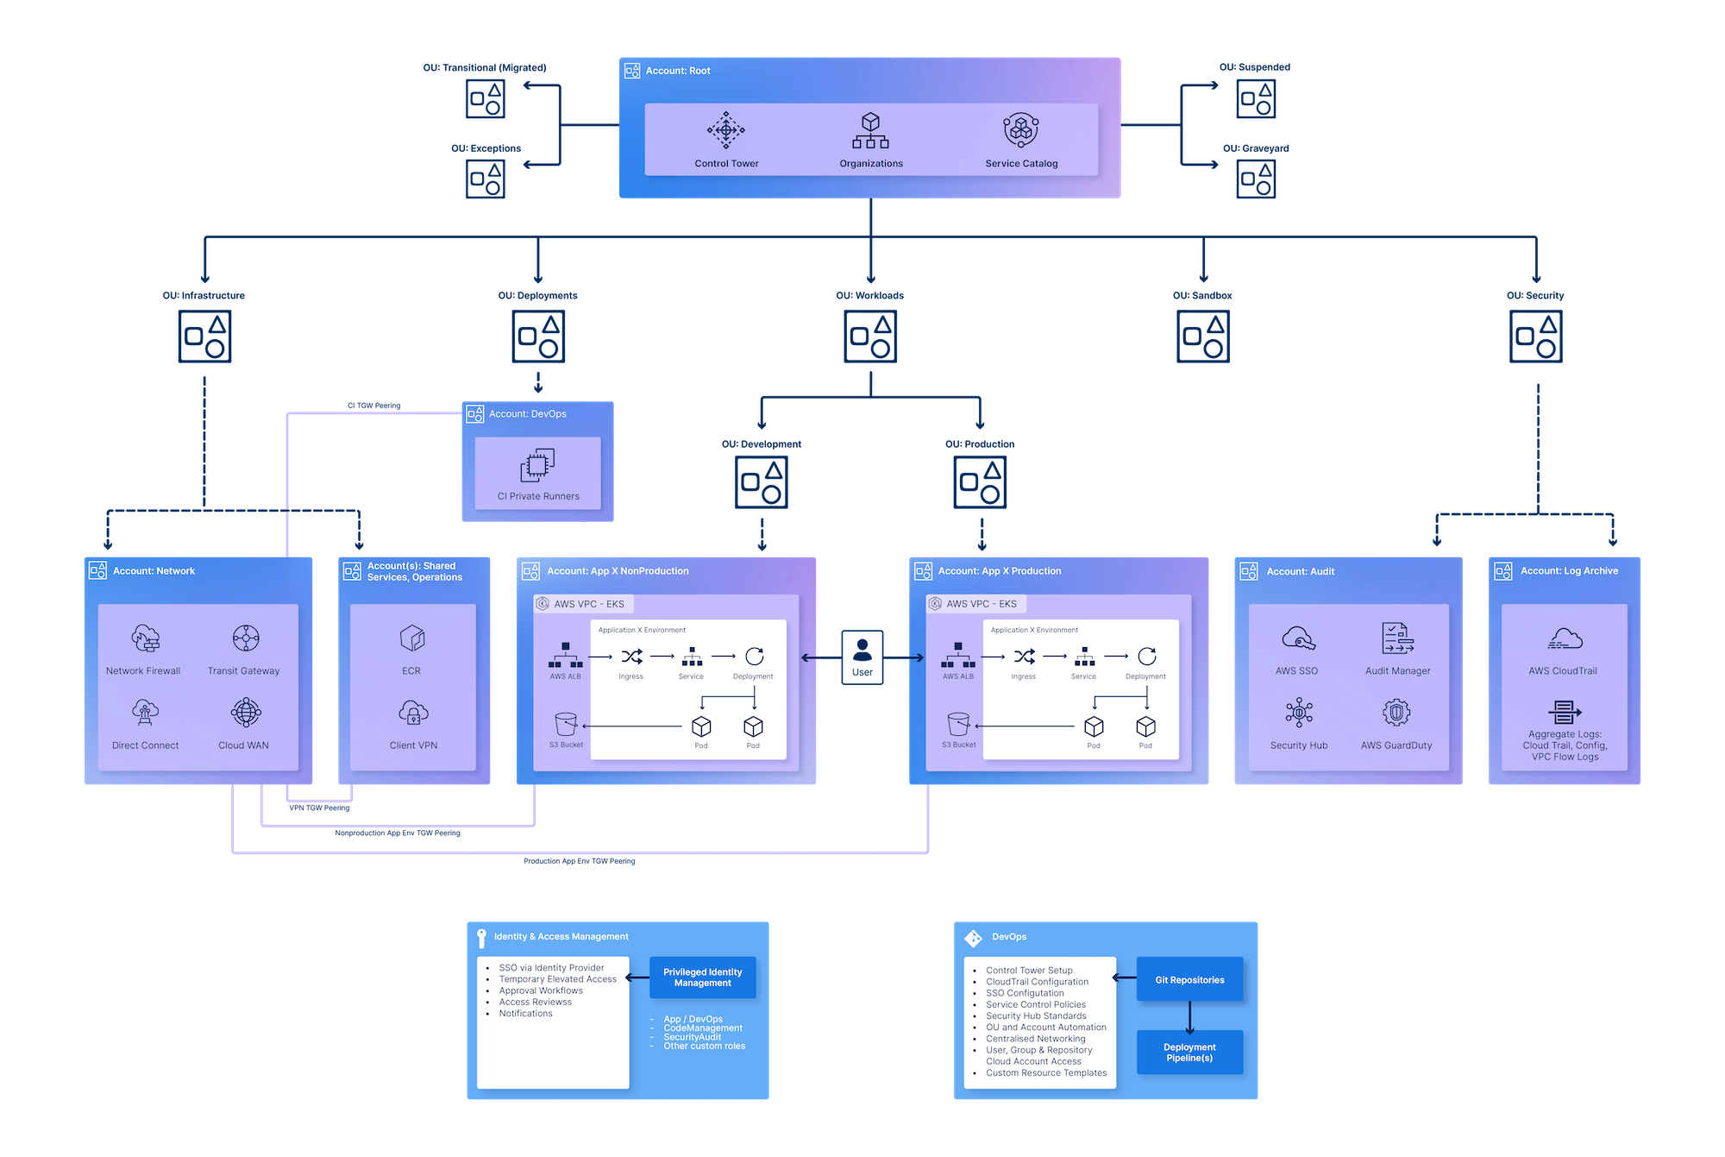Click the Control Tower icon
(x=725, y=131)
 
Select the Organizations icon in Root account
(x=870, y=131)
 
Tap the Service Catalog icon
(x=1021, y=130)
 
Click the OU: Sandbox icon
(x=1203, y=337)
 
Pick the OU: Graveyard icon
(x=1256, y=179)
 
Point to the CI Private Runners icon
(x=537, y=466)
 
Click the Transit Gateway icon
(x=246, y=638)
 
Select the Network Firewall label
(x=143, y=671)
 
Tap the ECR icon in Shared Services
(x=412, y=638)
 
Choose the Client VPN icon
(x=413, y=714)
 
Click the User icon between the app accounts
(x=862, y=651)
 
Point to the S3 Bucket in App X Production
(x=958, y=724)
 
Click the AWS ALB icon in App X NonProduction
(x=566, y=656)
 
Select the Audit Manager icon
(x=1397, y=638)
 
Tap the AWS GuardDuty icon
(x=1396, y=713)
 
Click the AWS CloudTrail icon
(x=1565, y=639)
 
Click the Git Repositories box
(x=1189, y=980)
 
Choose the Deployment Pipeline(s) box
(x=1189, y=1053)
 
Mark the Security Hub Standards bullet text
(x=1036, y=1016)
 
